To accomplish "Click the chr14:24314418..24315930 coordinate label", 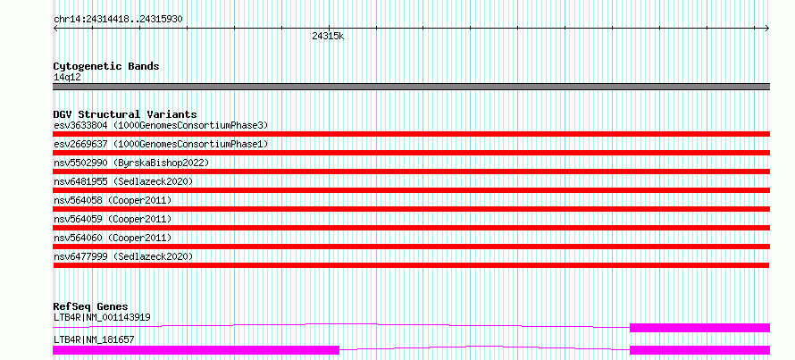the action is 118,20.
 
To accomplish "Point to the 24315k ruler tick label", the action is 328,36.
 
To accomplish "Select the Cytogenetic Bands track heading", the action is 106,66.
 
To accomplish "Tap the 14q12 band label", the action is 67,78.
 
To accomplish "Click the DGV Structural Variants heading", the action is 125,114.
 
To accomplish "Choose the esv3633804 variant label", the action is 161,125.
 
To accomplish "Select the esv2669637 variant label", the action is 161,144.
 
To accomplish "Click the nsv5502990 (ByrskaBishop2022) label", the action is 131,163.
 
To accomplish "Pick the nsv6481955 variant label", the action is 123,181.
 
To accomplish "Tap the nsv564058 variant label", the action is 113,200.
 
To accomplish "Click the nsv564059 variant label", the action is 113,219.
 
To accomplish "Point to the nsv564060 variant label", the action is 113,238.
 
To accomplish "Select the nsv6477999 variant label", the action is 123,256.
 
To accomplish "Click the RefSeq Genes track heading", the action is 90,306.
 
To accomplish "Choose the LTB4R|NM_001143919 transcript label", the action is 102,318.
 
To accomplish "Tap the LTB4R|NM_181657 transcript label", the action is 94,339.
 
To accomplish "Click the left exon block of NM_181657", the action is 196,350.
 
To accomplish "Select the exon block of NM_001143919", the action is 699,328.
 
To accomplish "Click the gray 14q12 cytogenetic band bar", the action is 411,87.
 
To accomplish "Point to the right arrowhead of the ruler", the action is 767,29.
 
